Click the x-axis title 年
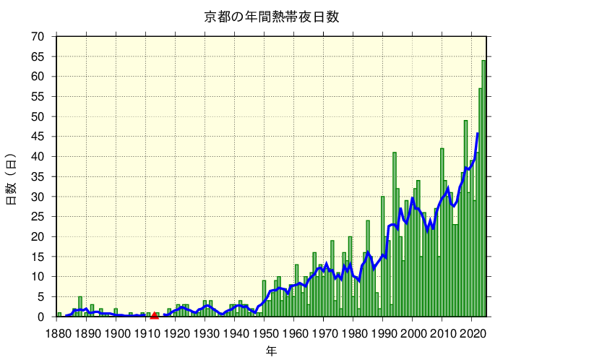coord(271,350)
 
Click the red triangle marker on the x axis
coord(154,314)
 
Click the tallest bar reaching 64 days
coord(483,188)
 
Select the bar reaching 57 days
coord(480,202)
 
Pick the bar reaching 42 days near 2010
coord(442,232)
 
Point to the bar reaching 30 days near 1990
coord(382,257)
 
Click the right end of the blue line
coord(478,134)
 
